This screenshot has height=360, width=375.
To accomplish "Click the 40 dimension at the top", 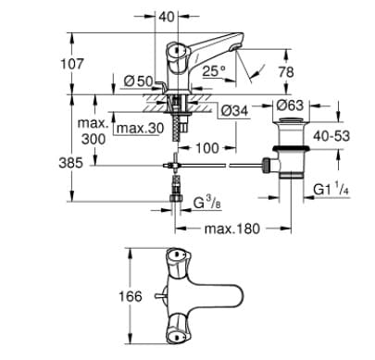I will pos(167,16).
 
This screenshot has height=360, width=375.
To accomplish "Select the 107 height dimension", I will pos(43,64).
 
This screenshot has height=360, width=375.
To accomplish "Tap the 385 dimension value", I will pos(43,163).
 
